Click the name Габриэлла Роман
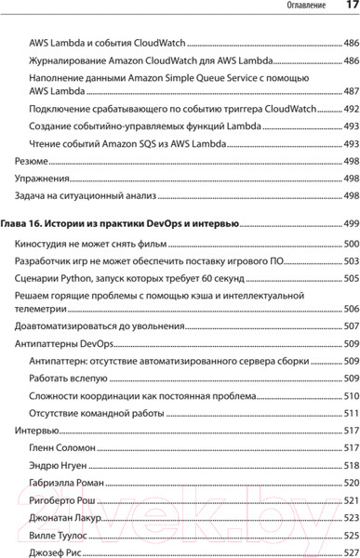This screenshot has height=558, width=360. [65, 484]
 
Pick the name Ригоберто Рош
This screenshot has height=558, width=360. [61, 500]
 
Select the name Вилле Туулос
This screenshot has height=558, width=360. [60, 536]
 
